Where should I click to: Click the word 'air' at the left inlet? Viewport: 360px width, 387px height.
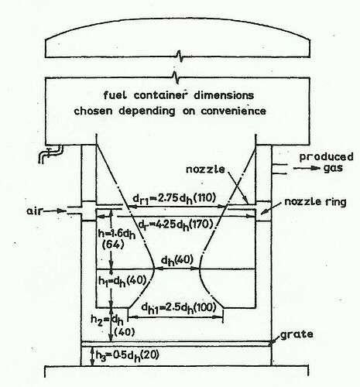pyautogui.click(x=34, y=211)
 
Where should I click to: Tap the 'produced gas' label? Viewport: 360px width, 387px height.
pyautogui.click(x=327, y=163)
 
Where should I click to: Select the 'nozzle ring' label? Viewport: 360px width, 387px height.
pyautogui.click(x=315, y=202)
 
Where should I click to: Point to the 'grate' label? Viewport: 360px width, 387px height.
pyautogui.click(x=297, y=334)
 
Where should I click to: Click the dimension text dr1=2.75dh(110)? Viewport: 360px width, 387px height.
pyautogui.click(x=174, y=198)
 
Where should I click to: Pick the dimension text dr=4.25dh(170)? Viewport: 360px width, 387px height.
pyautogui.click(x=176, y=225)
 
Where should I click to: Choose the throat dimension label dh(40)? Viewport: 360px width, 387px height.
pyautogui.click(x=177, y=260)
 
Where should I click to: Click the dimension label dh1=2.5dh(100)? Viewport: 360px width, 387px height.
pyautogui.click(x=179, y=307)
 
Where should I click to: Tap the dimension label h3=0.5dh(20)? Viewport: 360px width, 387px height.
pyautogui.click(x=127, y=356)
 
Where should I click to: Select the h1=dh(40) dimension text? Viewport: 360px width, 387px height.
pyautogui.click(x=122, y=281)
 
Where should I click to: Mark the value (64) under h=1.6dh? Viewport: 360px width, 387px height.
pyautogui.click(x=113, y=245)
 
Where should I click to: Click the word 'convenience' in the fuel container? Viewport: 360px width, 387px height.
pyautogui.click(x=234, y=111)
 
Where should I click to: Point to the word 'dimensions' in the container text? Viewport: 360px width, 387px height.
pyautogui.click(x=224, y=95)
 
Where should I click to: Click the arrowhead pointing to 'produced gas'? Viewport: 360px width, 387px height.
pyautogui.click(x=315, y=168)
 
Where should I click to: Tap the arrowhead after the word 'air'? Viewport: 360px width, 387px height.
pyautogui.click(x=62, y=211)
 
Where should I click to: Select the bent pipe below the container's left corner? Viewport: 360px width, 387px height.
pyautogui.click(x=50, y=154)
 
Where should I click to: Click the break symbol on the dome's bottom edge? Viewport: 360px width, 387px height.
pyautogui.click(x=180, y=57)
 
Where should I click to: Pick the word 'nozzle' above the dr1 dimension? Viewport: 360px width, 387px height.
pyautogui.click(x=205, y=170)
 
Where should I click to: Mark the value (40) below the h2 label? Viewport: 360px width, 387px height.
pyautogui.click(x=124, y=332)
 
